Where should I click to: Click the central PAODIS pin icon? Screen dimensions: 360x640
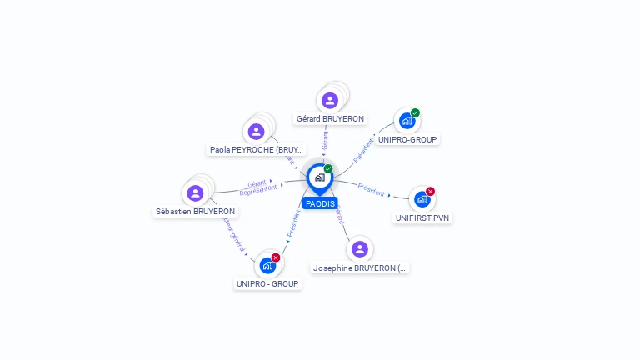tap(319, 177)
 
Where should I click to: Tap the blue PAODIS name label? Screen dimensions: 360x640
tap(320, 203)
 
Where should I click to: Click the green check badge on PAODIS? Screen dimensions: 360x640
tap(328, 169)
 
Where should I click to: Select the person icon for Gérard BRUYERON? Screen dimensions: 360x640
tap(330, 100)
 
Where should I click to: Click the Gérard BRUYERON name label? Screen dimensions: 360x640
tap(330, 119)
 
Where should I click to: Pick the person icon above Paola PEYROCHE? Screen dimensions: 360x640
tap(257, 131)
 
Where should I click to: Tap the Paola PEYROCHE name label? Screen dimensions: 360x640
tap(257, 150)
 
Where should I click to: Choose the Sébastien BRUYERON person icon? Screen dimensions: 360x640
tap(195, 192)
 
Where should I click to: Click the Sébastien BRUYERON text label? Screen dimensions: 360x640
tap(196, 212)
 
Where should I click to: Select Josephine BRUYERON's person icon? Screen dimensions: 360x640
tap(359, 249)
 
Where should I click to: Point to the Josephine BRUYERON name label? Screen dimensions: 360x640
tap(360, 268)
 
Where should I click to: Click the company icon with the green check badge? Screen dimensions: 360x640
tap(407, 121)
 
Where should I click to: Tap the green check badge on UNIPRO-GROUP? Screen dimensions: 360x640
tap(415, 113)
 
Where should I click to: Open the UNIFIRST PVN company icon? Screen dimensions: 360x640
tap(422, 199)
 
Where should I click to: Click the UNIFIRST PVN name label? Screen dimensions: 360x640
tap(423, 218)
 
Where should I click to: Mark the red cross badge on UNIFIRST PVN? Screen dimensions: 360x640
tap(431, 192)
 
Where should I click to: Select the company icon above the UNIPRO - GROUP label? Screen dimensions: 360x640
tap(267, 265)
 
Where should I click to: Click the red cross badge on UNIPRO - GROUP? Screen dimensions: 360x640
tap(276, 257)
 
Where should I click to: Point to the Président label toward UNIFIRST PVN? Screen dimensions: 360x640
tap(372, 188)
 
